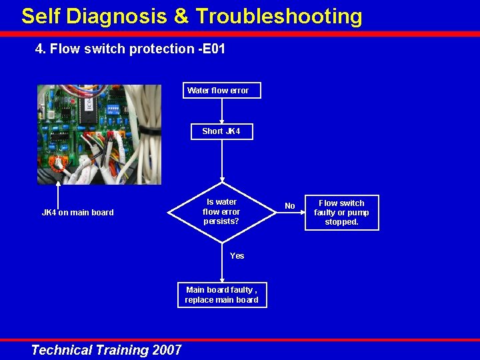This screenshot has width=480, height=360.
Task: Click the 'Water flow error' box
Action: tap(221, 91)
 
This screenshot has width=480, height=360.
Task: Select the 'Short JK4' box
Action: tap(221, 131)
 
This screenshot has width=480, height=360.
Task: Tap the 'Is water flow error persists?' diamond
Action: tap(221, 212)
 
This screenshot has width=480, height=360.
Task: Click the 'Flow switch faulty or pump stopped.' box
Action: tap(341, 213)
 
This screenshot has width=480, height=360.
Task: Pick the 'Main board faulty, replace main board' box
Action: tap(221, 295)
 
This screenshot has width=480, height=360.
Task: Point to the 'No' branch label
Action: tap(290, 207)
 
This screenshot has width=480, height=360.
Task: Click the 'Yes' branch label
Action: tap(237, 256)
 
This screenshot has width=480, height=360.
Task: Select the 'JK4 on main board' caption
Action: tap(78, 213)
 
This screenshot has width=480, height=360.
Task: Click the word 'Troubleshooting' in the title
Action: tap(279, 16)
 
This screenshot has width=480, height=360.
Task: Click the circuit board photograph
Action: tap(99, 134)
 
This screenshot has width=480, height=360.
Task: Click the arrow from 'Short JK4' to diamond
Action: tap(221, 160)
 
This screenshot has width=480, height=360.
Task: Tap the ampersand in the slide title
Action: tap(181, 16)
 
